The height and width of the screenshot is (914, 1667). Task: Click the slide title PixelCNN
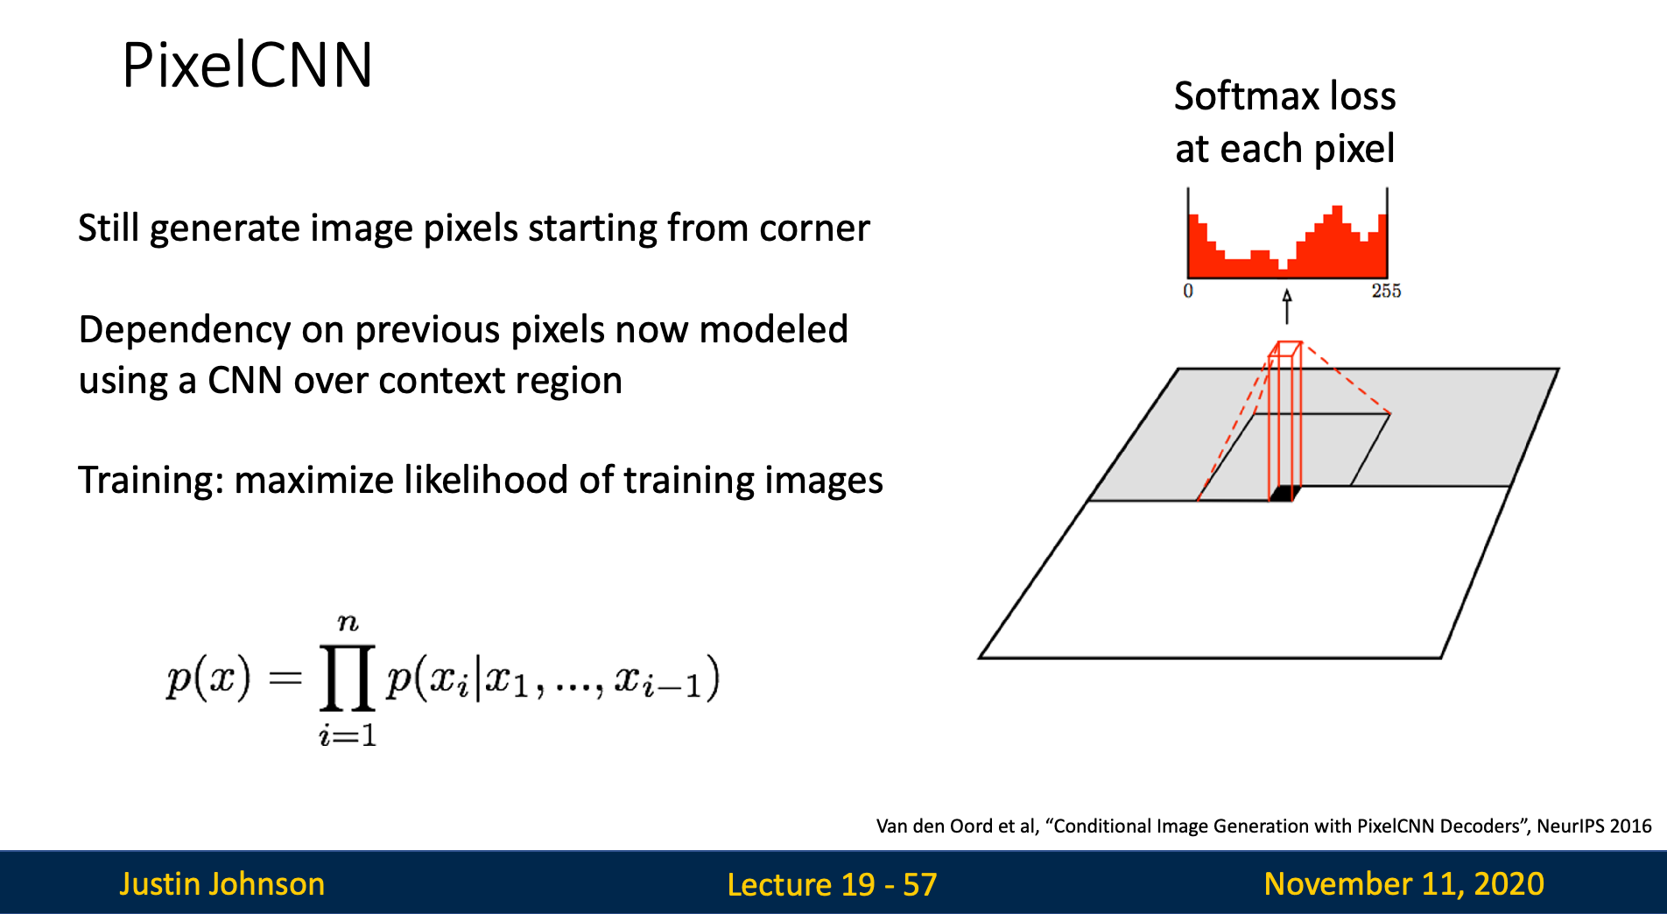(248, 66)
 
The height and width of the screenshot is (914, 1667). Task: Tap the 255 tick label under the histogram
(1386, 291)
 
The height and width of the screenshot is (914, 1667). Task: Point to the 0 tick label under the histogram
(1188, 291)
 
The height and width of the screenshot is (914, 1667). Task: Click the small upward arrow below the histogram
(1287, 306)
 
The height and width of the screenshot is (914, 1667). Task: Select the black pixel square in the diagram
(1282, 494)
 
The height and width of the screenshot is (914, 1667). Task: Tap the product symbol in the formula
(348, 677)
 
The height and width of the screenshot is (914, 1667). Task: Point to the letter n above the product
(348, 622)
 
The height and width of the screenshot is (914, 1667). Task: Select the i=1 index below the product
(348, 735)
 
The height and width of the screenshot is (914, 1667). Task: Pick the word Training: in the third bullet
(151, 481)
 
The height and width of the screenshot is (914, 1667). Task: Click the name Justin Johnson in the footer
(222, 884)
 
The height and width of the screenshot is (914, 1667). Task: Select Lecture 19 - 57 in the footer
(832, 884)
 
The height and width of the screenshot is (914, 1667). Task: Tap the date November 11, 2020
(1403, 884)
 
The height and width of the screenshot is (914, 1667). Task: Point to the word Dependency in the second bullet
(185, 331)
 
